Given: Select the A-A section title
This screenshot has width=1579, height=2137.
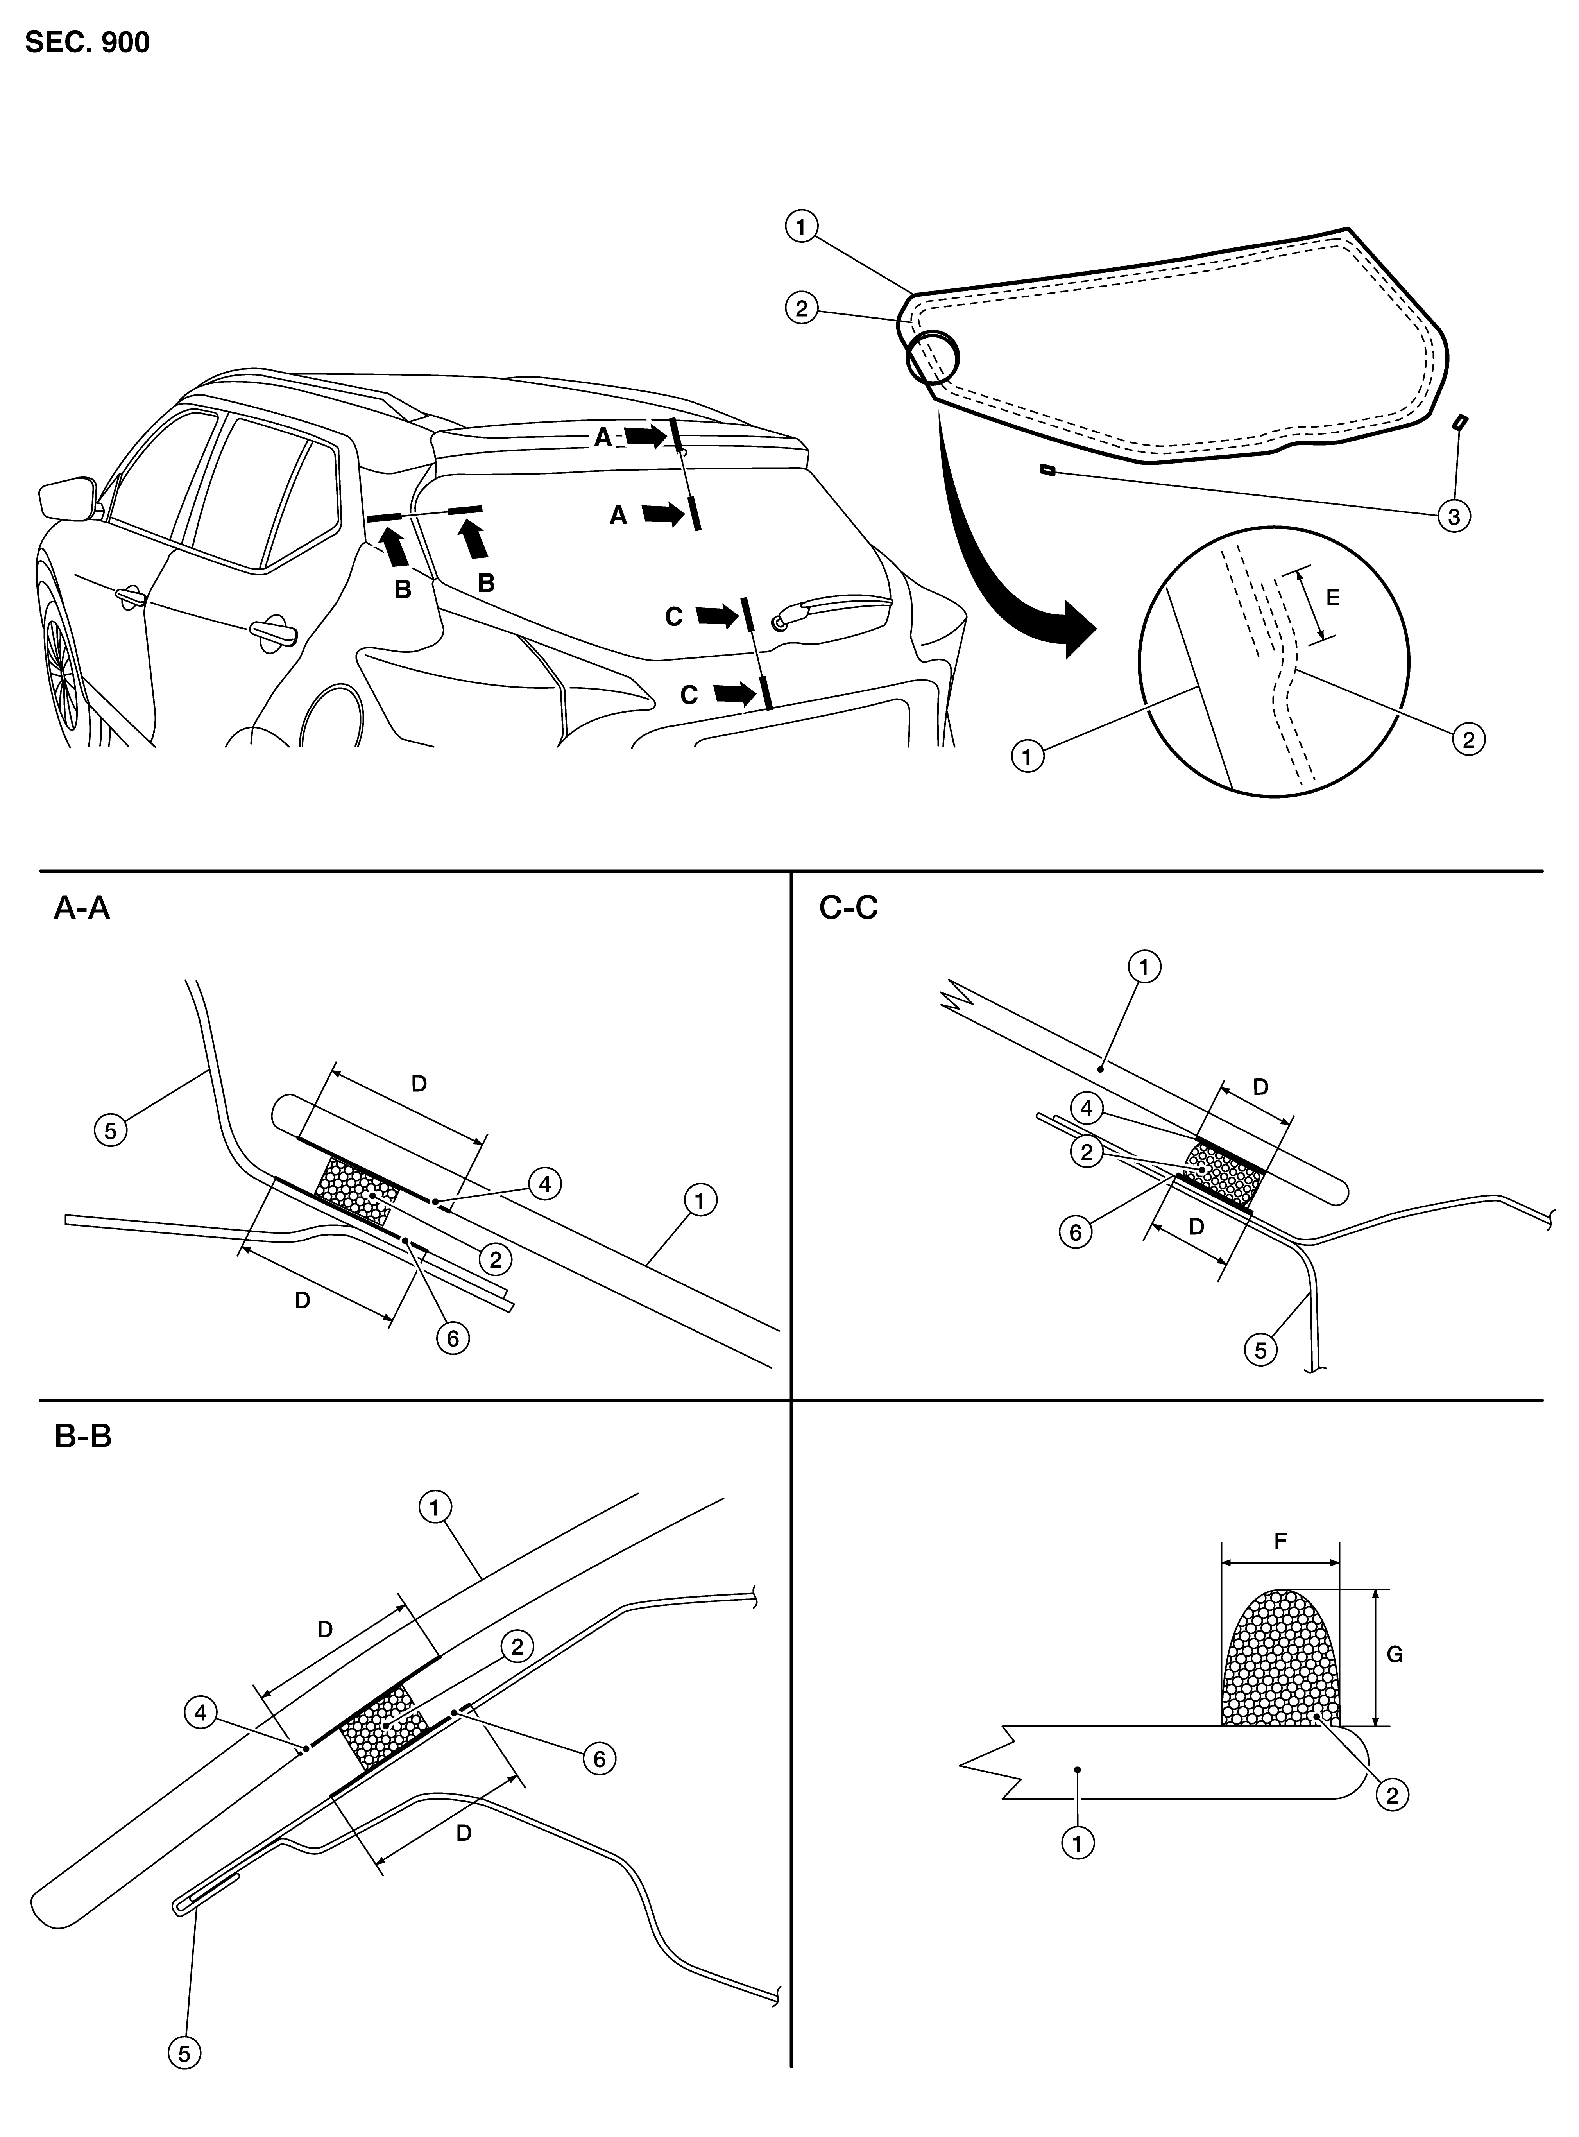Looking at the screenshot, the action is pyautogui.click(x=82, y=908).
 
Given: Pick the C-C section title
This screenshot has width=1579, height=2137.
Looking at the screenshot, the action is pyautogui.click(x=849, y=908).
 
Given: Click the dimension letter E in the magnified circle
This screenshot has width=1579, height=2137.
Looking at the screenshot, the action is pyautogui.click(x=1334, y=598).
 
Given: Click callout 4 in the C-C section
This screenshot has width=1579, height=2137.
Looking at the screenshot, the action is pyautogui.click(x=1087, y=1110).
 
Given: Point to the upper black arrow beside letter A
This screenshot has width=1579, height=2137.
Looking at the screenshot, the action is pyautogui.click(x=646, y=437).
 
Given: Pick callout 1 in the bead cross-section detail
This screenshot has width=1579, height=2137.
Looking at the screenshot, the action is pyautogui.click(x=1077, y=1843).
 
